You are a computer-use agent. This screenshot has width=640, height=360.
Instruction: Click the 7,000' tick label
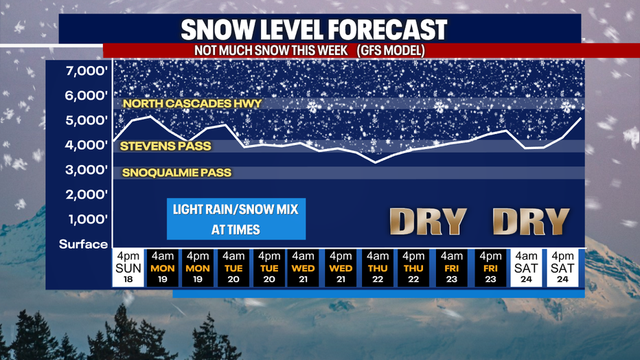pyautogui.click(x=87, y=71)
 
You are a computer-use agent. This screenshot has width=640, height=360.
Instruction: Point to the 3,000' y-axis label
pyautogui.click(x=87, y=170)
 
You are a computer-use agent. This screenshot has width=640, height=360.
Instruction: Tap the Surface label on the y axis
pyautogui.click(x=83, y=244)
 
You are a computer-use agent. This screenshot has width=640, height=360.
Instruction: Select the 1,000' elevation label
pyautogui.click(x=88, y=219)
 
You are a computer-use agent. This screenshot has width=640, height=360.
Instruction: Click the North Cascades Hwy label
pyautogui.click(x=192, y=104)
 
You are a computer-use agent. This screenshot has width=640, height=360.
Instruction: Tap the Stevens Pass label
pyautogui.click(x=165, y=146)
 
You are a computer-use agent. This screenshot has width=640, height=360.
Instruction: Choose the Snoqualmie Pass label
pyautogui.click(x=176, y=172)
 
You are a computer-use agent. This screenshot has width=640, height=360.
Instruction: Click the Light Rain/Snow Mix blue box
pyautogui.click(x=236, y=219)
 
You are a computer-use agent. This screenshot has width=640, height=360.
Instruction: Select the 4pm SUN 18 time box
pyautogui.click(x=128, y=268)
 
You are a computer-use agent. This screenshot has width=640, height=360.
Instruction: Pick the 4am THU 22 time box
pyautogui.click(x=378, y=268)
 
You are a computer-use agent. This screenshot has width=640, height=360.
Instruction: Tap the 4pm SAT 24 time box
pyautogui.click(x=562, y=268)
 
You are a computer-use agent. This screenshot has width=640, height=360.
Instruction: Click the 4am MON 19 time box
pyautogui.click(x=163, y=268)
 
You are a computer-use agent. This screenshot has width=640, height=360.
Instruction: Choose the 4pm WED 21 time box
pyautogui.click(x=341, y=268)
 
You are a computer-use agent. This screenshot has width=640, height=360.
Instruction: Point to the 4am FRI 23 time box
pyautogui.click(x=451, y=268)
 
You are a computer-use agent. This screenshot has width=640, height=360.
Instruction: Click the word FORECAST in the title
pyautogui.click(x=387, y=30)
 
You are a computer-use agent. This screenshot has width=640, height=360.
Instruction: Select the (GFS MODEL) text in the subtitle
pyautogui.click(x=391, y=51)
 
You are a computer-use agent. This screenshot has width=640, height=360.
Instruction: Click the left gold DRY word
pyautogui.click(x=428, y=222)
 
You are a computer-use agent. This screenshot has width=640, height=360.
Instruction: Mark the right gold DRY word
pyautogui.click(x=531, y=222)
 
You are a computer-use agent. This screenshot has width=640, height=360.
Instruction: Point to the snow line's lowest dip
pyautogui.click(x=376, y=163)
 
